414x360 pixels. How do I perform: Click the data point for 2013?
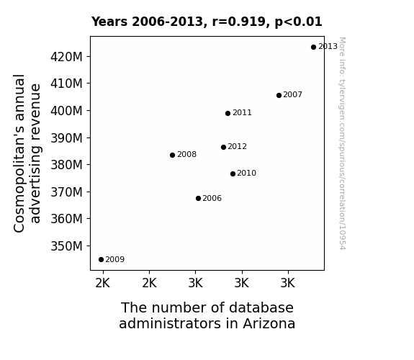[313, 48]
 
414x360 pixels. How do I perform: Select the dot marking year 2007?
[279, 95]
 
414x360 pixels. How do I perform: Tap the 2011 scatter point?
[228, 113]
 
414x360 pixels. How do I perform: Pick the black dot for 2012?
[223, 147]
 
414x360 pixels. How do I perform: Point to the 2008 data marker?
[172, 155]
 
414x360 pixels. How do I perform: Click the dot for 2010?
[233, 174]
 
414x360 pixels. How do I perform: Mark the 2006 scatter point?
[198, 198]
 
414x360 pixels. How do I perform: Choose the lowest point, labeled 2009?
[101, 260]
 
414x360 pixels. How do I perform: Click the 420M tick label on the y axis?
[66, 57]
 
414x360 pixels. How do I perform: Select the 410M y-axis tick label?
[66, 84]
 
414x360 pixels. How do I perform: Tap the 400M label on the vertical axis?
[66, 111]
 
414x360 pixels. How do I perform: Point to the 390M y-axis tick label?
[66, 138]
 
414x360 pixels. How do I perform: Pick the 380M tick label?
[66, 165]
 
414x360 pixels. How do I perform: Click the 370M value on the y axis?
[66, 192]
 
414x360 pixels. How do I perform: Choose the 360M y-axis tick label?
[66, 219]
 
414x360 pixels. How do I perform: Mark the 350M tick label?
[66, 246]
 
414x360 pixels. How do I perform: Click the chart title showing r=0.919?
[207, 22]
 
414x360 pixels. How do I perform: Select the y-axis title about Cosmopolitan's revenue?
[27, 153]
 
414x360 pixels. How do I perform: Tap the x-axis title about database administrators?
[207, 315]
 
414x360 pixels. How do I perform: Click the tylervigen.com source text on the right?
[342, 143]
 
